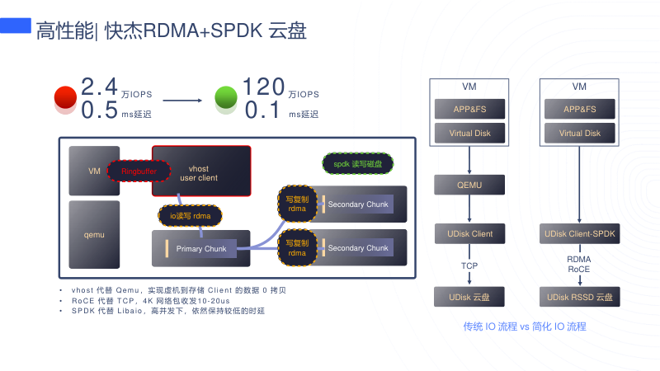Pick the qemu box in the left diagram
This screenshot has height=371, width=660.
point(94,235)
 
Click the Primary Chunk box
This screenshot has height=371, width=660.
point(200,248)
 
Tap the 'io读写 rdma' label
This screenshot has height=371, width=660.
point(190,216)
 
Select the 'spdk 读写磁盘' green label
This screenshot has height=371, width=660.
point(357,164)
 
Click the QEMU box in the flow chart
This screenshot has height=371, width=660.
point(469,185)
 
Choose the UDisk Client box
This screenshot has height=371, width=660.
point(469,234)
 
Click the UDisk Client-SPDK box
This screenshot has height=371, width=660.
point(580,234)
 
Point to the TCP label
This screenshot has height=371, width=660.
point(469,265)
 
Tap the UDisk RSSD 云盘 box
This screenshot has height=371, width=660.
point(580,296)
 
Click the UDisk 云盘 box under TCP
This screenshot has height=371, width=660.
point(469,296)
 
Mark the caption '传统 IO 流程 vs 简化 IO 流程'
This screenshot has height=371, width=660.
point(525,327)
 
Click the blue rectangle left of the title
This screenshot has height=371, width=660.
point(16,26)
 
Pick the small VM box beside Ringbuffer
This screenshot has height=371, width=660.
point(94,171)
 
